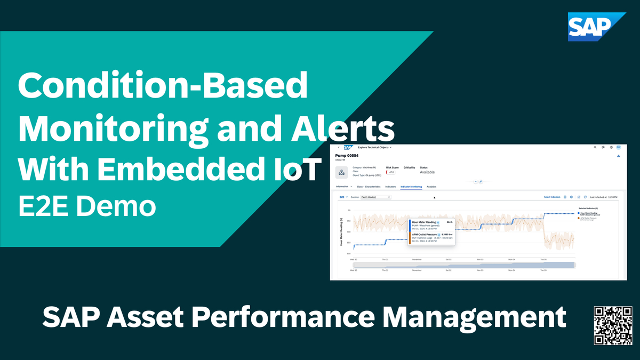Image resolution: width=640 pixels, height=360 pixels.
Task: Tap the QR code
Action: [x=609, y=325]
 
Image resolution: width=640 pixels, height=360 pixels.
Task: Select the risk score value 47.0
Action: [x=391, y=172]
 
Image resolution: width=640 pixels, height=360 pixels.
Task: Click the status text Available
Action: [x=427, y=172]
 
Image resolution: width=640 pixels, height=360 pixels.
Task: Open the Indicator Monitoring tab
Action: [x=411, y=187]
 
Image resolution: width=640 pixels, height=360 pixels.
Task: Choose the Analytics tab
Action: [x=431, y=187]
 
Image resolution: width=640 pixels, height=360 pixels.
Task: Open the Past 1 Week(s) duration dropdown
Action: [x=375, y=197]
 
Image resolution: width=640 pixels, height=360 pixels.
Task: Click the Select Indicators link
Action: [x=552, y=197]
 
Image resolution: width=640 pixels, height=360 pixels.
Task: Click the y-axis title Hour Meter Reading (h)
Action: [x=341, y=232]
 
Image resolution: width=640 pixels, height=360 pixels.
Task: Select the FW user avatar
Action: [x=618, y=147]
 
